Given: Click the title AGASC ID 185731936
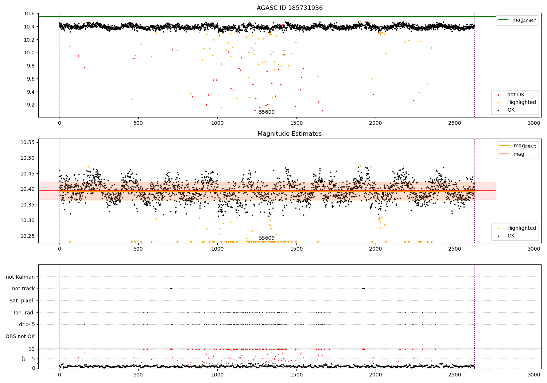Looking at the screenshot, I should (290, 8).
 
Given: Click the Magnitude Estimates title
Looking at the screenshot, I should (290, 134).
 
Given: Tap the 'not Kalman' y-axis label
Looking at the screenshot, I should (20, 277).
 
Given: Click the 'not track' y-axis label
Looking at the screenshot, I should (23, 289).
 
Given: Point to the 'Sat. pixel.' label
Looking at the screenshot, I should (22, 301).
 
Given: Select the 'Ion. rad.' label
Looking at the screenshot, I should (24, 313).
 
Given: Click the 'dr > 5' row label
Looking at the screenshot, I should (27, 324).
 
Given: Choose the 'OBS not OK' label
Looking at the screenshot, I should (20, 336).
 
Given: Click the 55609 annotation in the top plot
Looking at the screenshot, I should (267, 112).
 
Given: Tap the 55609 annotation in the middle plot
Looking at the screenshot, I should (267, 238).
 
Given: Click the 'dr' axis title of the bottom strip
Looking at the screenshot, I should (24, 359).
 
